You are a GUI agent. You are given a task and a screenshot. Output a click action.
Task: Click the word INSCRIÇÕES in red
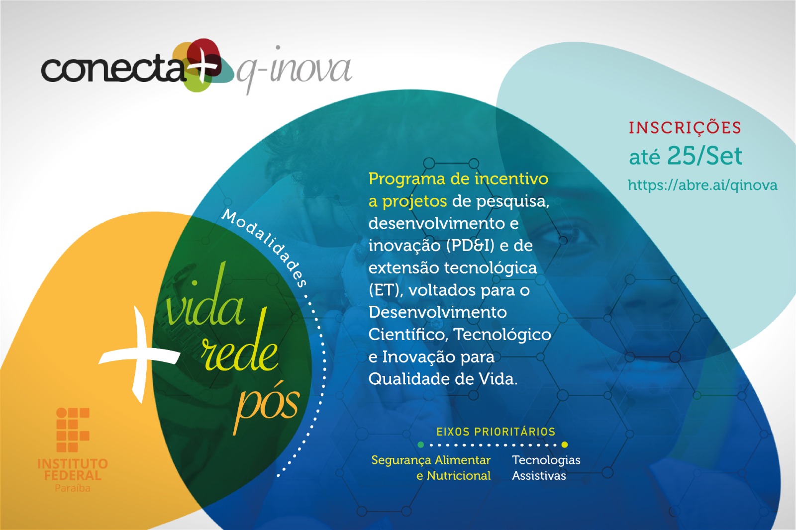[685, 128]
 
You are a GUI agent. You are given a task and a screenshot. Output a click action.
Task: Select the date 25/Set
[704, 156]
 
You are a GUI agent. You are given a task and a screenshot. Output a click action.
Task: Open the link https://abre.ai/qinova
[702, 185]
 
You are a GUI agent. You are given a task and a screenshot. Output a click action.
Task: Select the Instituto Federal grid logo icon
[73, 430]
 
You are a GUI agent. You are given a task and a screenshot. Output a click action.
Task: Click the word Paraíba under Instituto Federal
[73, 488]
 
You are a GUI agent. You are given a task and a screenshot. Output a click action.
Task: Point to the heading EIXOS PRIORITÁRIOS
[496, 432]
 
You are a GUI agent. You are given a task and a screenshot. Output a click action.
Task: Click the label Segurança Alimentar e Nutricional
[431, 467]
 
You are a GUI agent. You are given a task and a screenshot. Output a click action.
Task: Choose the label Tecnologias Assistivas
[546, 467]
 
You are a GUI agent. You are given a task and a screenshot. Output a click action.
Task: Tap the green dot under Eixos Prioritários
[421, 444]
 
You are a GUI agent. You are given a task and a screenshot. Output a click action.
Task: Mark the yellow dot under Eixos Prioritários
[564, 444]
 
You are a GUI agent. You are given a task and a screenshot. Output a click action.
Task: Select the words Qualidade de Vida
[442, 379]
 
